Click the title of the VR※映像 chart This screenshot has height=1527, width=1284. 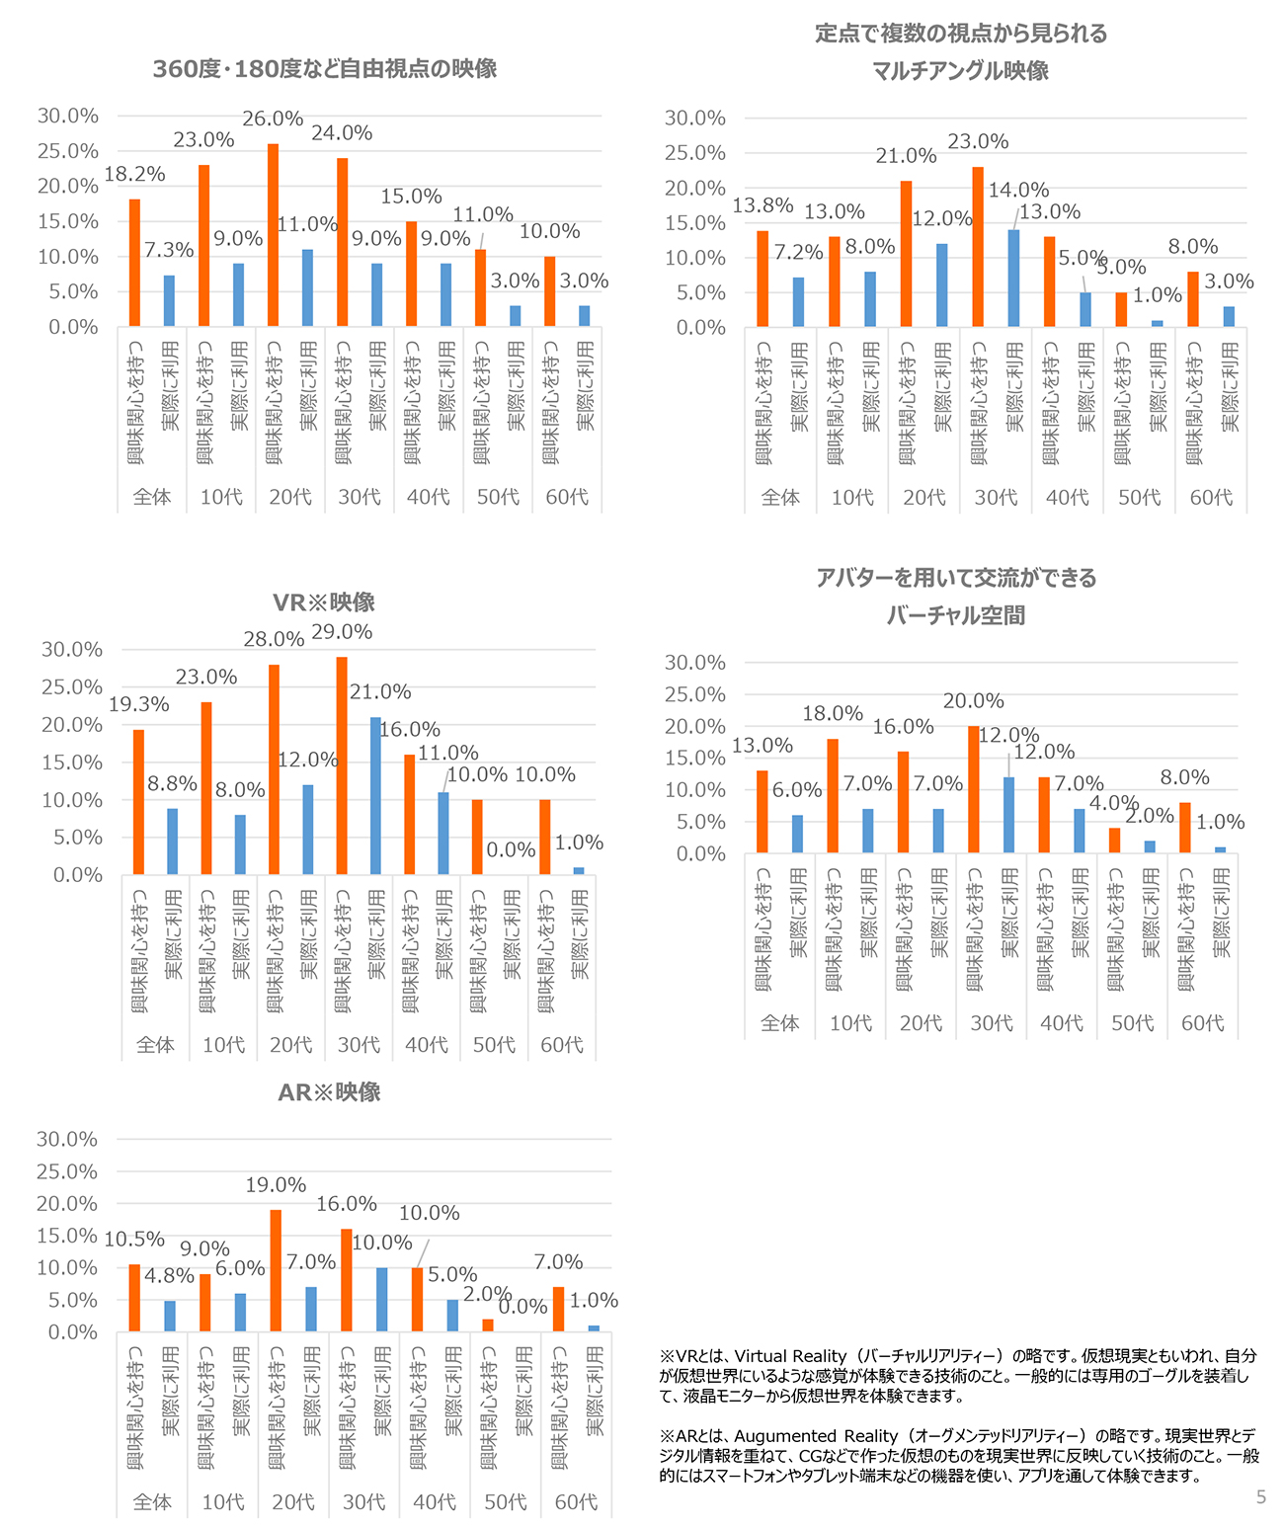click(323, 602)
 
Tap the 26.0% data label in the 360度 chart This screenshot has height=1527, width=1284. click(273, 119)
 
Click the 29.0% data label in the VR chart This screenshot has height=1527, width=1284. click(342, 632)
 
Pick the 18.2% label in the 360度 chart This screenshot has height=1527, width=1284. click(134, 174)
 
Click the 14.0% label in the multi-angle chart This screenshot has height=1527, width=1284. click(1018, 191)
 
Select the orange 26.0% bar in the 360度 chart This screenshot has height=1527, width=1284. click(273, 235)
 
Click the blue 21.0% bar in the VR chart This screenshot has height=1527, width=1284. click(375, 796)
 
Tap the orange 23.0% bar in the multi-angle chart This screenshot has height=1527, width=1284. click(978, 247)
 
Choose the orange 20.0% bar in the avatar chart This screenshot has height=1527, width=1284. click(973, 789)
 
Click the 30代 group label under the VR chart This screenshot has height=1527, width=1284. click(359, 1045)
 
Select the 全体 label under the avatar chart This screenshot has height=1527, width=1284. click(780, 1023)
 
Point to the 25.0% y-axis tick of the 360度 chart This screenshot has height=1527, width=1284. click(68, 151)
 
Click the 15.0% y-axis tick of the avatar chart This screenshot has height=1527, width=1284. click(695, 759)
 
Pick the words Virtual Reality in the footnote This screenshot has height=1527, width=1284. click(790, 1356)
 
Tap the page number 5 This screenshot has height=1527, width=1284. click(1261, 1497)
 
